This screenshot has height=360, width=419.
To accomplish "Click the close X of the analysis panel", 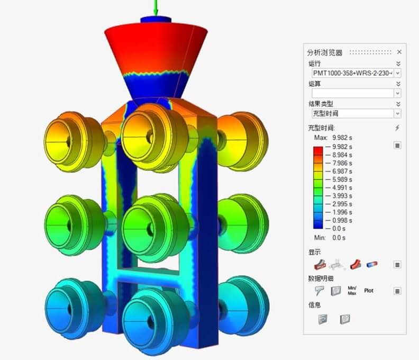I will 399,52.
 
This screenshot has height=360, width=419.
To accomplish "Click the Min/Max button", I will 352,290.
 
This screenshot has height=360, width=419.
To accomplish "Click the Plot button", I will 369,291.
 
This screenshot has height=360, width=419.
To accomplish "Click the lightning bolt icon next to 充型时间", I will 397,128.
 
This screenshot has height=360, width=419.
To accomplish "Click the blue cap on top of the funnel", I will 156,20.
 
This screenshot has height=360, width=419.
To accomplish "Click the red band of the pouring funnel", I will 156,48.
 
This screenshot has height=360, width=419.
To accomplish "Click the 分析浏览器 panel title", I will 325,52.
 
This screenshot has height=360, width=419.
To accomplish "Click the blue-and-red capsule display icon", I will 372,264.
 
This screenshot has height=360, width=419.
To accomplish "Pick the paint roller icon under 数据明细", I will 319,291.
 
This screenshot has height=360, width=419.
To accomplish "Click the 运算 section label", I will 315,84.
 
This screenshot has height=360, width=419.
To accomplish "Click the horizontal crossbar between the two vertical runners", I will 149,276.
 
